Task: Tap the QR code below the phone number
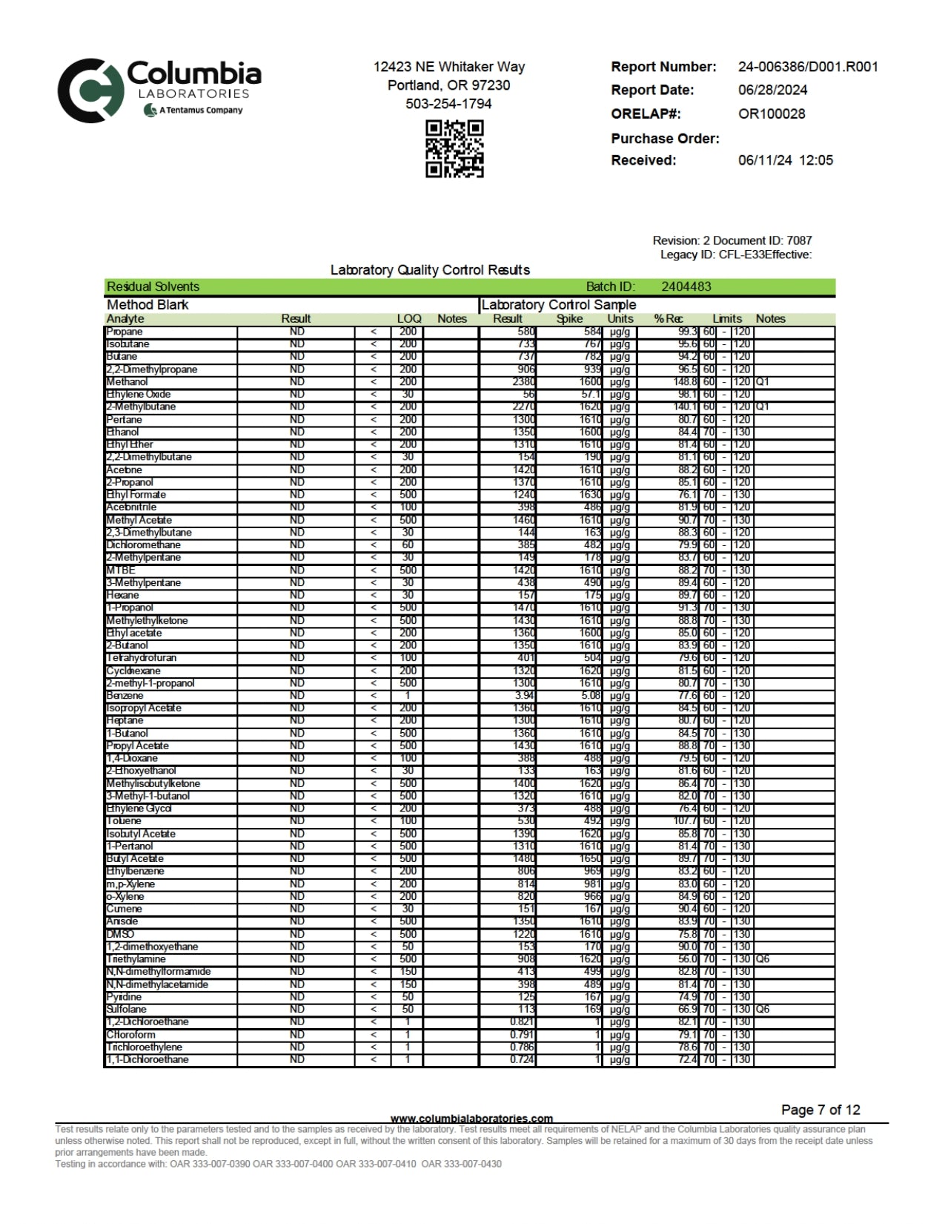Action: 454,149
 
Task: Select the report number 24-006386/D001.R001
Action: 808,67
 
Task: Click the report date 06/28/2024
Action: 772,91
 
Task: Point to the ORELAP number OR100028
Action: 772,114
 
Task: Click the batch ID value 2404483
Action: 686,287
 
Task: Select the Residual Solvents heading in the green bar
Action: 153,287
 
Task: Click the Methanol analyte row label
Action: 127,382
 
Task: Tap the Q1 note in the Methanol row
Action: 763,382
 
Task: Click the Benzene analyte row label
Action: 125,696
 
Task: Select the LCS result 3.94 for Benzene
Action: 524,696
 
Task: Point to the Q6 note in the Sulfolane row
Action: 763,1010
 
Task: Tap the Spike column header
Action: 569,319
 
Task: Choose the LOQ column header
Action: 409,319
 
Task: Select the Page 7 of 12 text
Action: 820,1110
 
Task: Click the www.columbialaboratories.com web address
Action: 471,1119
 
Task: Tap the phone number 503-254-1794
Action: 448,104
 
